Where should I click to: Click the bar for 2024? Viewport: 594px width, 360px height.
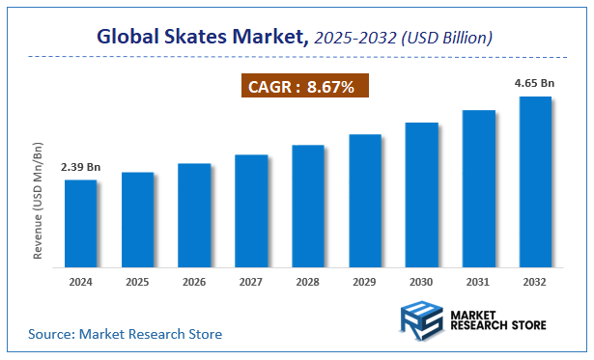81,222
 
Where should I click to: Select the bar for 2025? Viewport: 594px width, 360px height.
137,218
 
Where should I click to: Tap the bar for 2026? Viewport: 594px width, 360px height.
194,213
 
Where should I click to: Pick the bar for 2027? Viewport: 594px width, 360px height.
251,209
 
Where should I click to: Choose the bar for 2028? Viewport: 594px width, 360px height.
308,205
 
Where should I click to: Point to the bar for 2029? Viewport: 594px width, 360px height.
365,199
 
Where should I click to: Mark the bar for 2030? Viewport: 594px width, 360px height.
421,193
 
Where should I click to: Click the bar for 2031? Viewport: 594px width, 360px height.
478,187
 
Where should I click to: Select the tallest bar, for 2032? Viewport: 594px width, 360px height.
535,180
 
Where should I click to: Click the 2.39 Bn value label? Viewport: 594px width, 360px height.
81,167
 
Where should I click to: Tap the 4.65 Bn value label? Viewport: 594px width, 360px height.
535,84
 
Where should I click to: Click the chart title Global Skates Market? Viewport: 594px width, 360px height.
204,38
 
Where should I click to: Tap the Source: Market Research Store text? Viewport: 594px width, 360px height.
125,334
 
